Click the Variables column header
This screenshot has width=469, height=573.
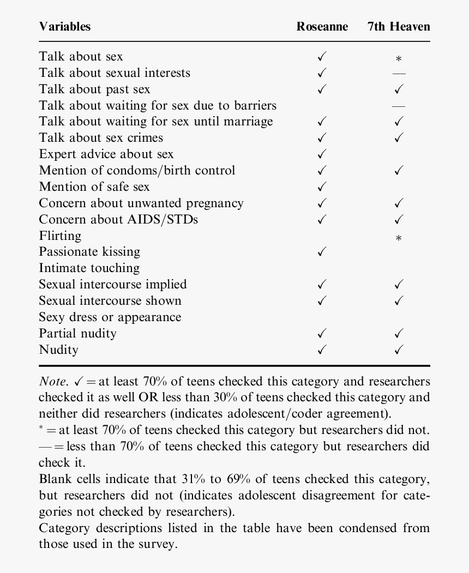tap(65, 27)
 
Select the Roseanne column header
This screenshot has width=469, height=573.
tap(322, 27)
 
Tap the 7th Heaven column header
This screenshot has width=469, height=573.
tap(399, 27)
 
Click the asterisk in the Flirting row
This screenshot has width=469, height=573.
tap(399, 238)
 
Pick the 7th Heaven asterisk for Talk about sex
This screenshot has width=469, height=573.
tap(399, 59)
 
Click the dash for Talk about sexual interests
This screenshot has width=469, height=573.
tap(399, 73)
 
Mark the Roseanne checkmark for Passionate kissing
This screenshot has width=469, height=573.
tap(322, 252)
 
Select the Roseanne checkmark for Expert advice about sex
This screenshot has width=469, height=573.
tap(322, 154)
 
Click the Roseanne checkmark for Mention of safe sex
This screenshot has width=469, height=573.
tap(322, 187)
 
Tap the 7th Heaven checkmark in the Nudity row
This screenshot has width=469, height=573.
tap(399, 350)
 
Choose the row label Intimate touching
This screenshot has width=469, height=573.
tap(89, 268)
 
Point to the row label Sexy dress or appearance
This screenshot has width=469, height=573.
tap(110, 317)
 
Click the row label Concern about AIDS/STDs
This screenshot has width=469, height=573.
tap(118, 219)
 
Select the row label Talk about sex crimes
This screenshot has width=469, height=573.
tap(101, 138)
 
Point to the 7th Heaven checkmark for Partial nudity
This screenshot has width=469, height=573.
tap(399, 334)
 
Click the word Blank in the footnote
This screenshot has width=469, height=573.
tap(54, 479)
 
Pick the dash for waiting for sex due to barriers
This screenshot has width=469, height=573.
tap(399, 106)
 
